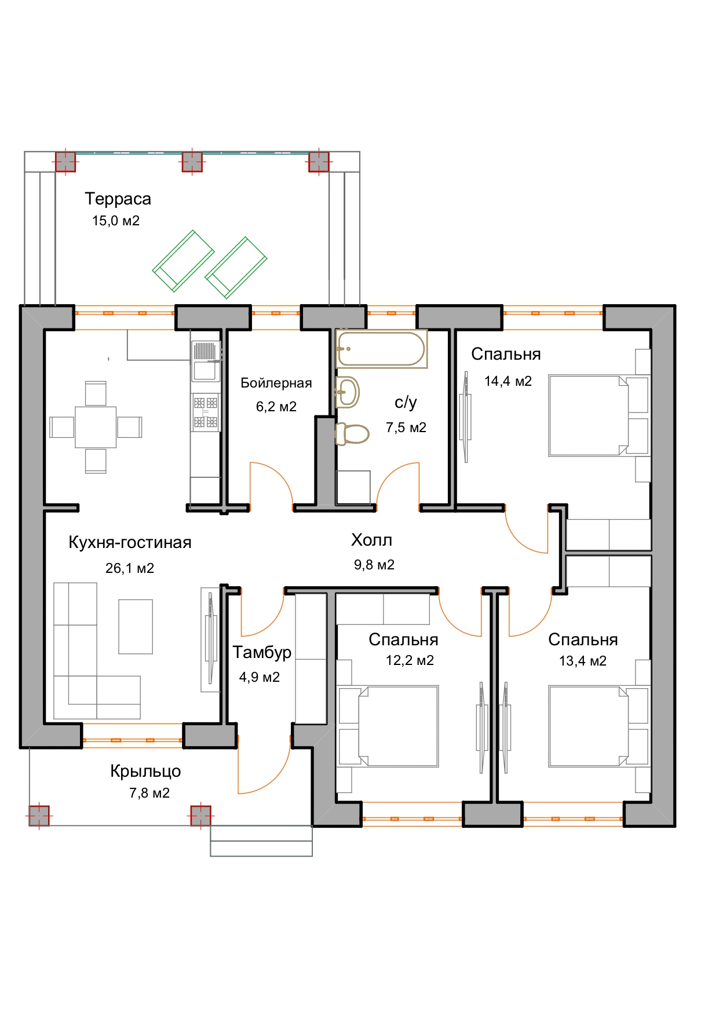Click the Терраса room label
(118, 199)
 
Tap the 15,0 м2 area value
(116, 221)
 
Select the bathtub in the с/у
(381, 349)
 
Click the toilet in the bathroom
(352, 434)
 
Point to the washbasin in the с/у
(347, 392)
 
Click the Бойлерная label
(276, 383)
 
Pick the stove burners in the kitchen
(206, 412)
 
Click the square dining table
(96, 427)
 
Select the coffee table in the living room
(136, 626)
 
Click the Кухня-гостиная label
(130, 542)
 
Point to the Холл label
(372, 540)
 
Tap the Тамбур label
(262, 652)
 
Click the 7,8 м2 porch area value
(149, 793)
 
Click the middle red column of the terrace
(192, 162)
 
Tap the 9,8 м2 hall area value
(374, 565)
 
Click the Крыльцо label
(145, 771)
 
